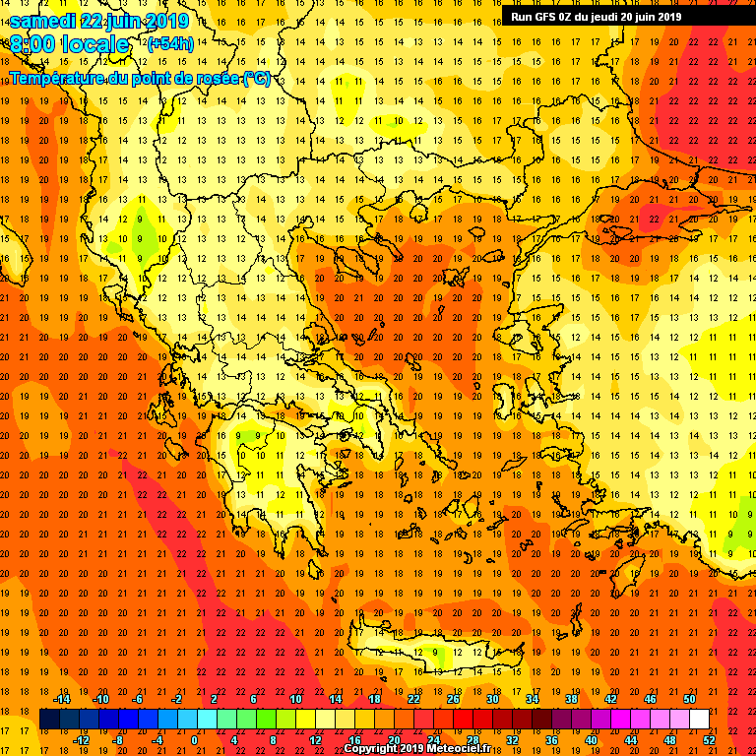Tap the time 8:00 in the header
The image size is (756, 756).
click(31, 44)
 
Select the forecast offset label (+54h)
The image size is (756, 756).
click(170, 44)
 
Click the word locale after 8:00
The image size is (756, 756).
click(94, 44)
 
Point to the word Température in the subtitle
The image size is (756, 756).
click(62, 78)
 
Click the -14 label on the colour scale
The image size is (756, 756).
click(61, 698)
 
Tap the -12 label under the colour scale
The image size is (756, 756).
click(81, 739)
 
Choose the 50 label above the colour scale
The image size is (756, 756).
click(689, 698)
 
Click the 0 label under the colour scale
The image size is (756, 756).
click(194, 739)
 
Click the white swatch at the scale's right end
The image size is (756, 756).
click(699, 719)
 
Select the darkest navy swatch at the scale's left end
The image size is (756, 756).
click(49, 719)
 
